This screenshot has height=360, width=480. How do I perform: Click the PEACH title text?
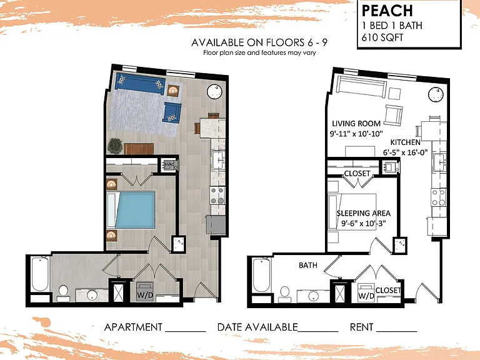387,11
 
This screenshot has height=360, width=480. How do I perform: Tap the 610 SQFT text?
382,37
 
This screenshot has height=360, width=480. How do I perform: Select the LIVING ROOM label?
356,123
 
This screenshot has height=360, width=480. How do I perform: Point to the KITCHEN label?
405,142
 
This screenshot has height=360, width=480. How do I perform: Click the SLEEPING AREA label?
363,213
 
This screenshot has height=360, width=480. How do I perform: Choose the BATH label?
308,265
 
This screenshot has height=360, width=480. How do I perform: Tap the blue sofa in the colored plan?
140,84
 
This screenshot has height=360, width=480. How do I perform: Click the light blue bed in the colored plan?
135,210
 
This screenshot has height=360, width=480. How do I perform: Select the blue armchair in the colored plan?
172,112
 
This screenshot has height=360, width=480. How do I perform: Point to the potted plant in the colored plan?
115,146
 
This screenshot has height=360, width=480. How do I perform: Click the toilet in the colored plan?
63,293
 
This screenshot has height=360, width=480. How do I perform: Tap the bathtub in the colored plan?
40,274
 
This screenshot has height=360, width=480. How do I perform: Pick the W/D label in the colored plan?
144,295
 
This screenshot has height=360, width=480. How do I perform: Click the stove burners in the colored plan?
217,196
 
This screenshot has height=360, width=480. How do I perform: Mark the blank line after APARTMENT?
186,331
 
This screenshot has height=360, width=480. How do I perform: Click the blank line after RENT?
397,331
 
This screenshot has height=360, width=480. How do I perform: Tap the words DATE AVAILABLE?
257,327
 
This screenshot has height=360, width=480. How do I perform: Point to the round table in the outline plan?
436,94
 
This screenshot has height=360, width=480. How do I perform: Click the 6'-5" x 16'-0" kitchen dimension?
405,152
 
